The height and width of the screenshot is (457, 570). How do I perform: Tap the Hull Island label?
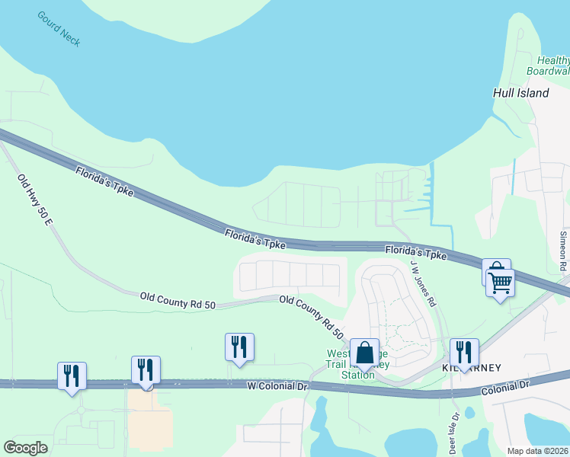coord(520,93)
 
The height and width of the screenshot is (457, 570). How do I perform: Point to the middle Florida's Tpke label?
coord(255,239)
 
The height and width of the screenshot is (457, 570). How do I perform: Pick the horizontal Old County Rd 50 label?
coord(178,299)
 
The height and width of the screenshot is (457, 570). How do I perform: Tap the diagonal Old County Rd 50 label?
coord(311,317)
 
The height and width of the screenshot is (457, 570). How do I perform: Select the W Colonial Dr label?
coord(277,387)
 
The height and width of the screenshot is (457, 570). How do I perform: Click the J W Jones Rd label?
coord(423,283)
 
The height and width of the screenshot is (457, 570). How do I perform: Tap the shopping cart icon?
coord(501,282)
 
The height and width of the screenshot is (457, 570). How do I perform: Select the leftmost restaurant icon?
coord(72,375)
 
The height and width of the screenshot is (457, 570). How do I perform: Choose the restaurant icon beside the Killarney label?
coord(464,352)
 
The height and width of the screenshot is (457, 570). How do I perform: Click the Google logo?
coord(26,448)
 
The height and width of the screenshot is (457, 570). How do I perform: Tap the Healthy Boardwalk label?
coord(548,66)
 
